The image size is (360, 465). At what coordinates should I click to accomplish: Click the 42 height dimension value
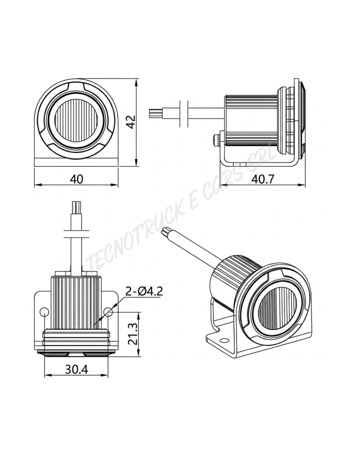pyautogui.click(x=131, y=122)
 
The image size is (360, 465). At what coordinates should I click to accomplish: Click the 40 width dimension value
pyautogui.click(x=77, y=179)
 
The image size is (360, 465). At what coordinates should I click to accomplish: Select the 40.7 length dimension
pyautogui.click(x=262, y=179)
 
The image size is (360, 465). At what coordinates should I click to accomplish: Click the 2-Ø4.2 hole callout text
pyautogui.click(x=144, y=291)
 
